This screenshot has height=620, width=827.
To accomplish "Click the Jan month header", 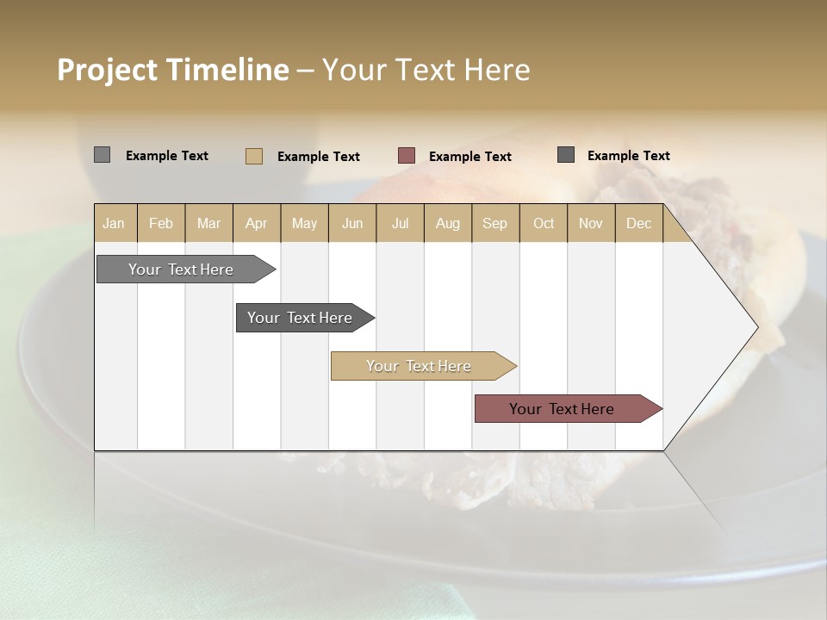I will [115, 223].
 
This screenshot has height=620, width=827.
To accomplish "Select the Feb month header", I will [161, 223].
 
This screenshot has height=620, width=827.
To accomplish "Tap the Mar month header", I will [208, 223].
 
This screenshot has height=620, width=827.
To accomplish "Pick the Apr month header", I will [257, 223].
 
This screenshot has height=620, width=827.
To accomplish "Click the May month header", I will [304, 223].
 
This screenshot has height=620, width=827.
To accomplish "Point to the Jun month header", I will [352, 223].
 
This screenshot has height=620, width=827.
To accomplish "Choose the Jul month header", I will [400, 223].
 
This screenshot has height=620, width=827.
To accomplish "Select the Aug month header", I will [448, 223].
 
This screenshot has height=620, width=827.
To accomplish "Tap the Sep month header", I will [495, 223].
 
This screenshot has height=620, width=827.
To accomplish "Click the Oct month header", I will [544, 223].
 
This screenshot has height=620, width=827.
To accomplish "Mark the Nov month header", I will [591, 223].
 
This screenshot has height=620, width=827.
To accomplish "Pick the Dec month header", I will [638, 223].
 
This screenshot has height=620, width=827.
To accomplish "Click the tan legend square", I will [254, 156].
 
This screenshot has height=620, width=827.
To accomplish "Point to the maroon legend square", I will [407, 156].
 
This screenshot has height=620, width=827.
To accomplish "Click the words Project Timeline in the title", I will [172, 70].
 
